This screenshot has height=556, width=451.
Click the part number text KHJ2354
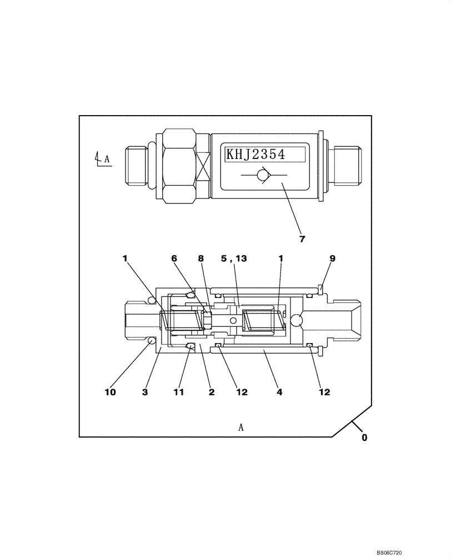click(x=255, y=154)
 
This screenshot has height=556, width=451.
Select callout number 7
click(x=303, y=240)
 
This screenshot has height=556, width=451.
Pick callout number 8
click(x=201, y=259)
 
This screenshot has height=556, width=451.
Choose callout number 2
click(x=211, y=392)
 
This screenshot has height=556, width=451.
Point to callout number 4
click(x=279, y=392)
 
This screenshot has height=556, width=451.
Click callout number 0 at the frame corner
click(x=364, y=438)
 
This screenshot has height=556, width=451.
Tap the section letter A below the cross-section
click(x=241, y=427)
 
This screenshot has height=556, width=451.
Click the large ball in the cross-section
click(x=296, y=321)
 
